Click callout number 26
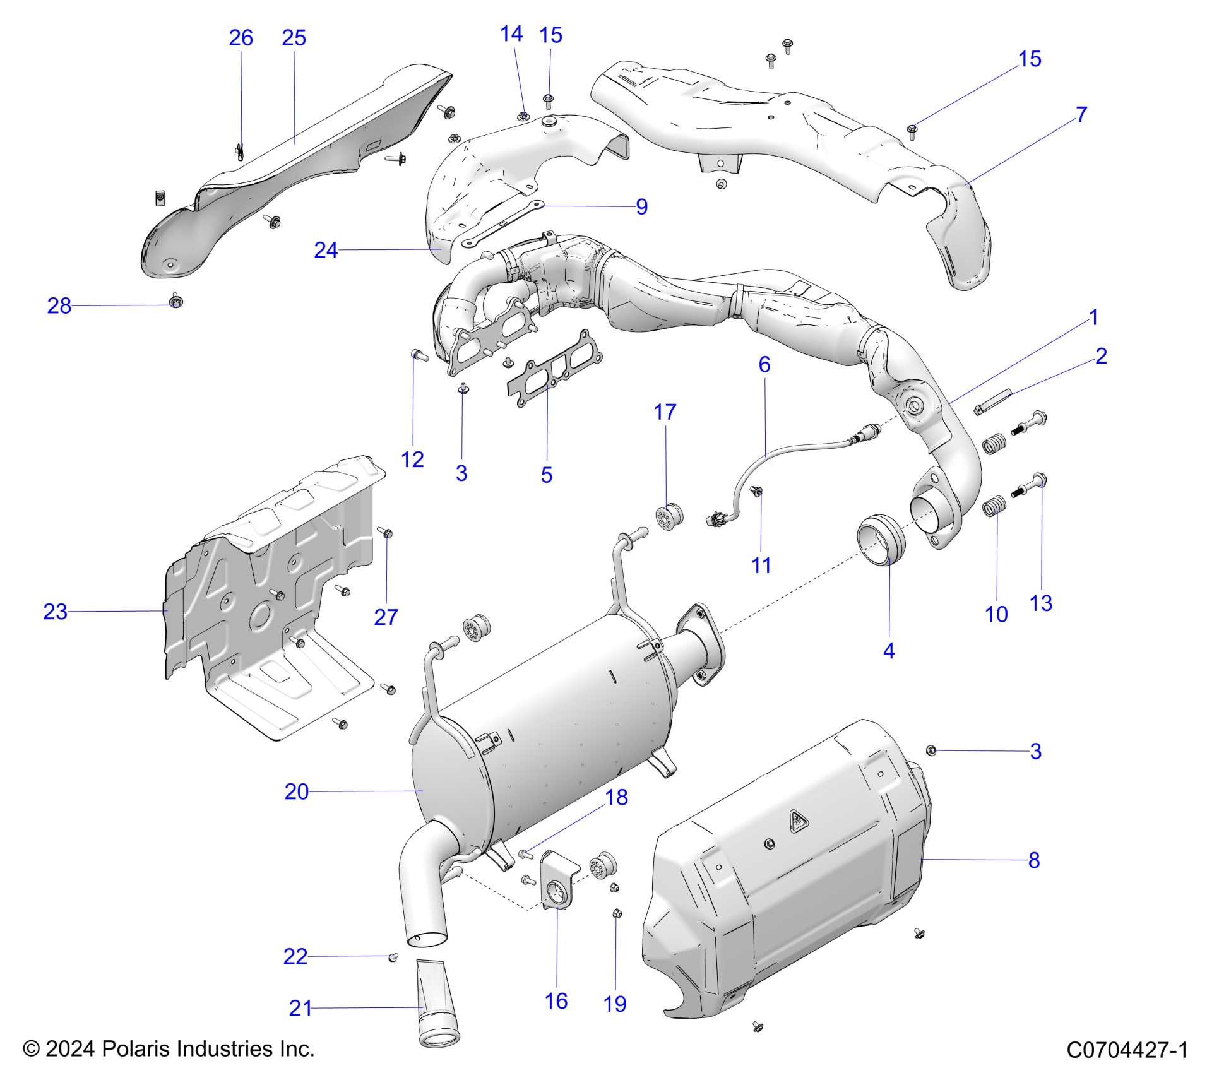coord(241,38)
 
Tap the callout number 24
coord(326,251)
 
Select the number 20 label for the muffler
coord(296,791)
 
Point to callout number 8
coord(1034,860)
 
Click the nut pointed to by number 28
coord(176,301)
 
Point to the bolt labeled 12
coord(419,355)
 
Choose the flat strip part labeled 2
coord(993,401)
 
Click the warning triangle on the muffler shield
coord(797,822)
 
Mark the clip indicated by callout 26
coord(240,152)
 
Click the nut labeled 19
coord(617,913)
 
